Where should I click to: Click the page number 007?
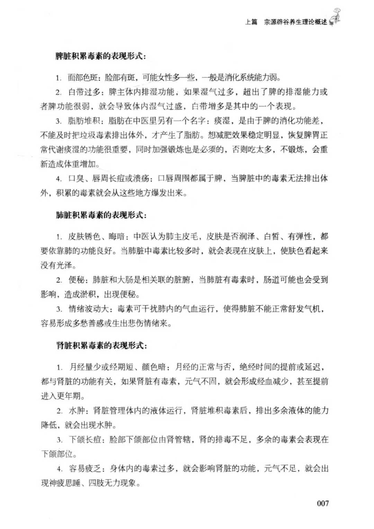[x=322, y=503]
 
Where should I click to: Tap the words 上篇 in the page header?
[x=251, y=22]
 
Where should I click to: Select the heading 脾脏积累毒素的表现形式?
[x=100, y=56]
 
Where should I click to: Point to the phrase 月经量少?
[x=85, y=367]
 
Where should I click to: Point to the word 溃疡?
[x=141, y=179]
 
